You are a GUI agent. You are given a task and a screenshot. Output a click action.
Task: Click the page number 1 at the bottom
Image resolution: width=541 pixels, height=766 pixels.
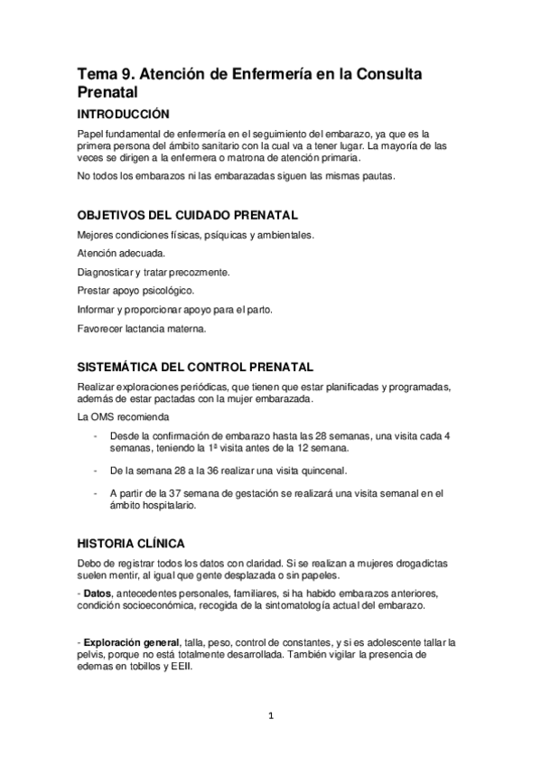pos(269,717)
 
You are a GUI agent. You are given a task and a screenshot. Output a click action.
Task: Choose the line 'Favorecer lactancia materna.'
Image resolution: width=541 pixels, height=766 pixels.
pos(142,329)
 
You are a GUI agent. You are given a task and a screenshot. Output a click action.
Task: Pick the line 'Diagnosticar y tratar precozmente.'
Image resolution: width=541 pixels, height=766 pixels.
pos(153,272)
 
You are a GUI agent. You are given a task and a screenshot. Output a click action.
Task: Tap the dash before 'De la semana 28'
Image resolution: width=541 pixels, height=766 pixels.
pos(97,471)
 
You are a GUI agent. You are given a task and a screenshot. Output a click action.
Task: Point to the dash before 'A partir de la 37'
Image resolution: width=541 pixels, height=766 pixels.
pos(97,493)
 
